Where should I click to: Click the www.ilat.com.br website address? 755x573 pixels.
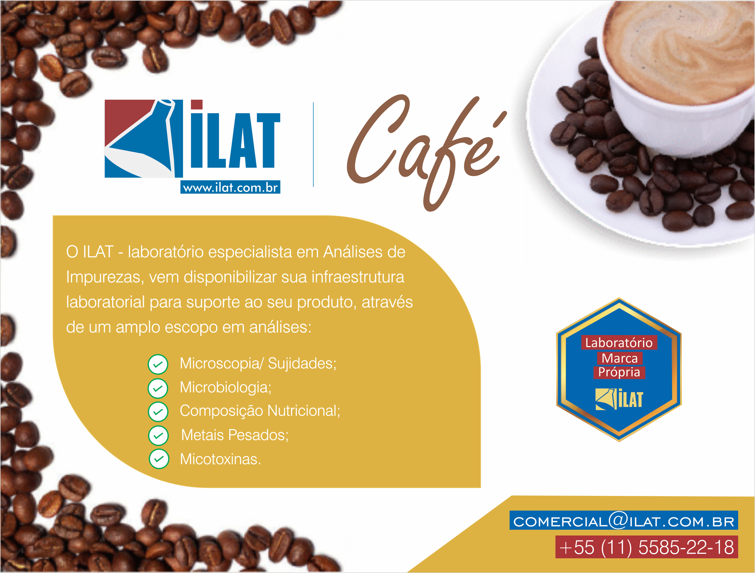(230, 187)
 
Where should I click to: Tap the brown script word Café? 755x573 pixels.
(427, 152)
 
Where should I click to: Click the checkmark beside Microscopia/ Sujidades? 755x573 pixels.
(158, 364)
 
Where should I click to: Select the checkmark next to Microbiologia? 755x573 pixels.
(158, 388)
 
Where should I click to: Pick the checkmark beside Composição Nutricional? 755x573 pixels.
(158, 411)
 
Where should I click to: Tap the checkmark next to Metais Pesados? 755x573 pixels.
(159, 435)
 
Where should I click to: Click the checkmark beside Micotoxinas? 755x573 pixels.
(159, 459)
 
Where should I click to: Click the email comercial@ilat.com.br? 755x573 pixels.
(623, 521)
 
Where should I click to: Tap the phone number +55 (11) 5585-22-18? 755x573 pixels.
(646, 547)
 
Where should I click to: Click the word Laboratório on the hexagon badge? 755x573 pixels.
(619, 343)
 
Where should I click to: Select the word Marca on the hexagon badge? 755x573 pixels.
(620, 358)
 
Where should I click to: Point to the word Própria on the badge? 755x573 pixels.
(619, 372)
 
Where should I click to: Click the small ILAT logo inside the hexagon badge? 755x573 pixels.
(619, 399)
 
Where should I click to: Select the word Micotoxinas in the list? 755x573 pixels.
(220, 459)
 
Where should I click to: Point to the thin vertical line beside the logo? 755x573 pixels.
(313, 144)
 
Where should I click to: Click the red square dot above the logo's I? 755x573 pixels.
(197, 104)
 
